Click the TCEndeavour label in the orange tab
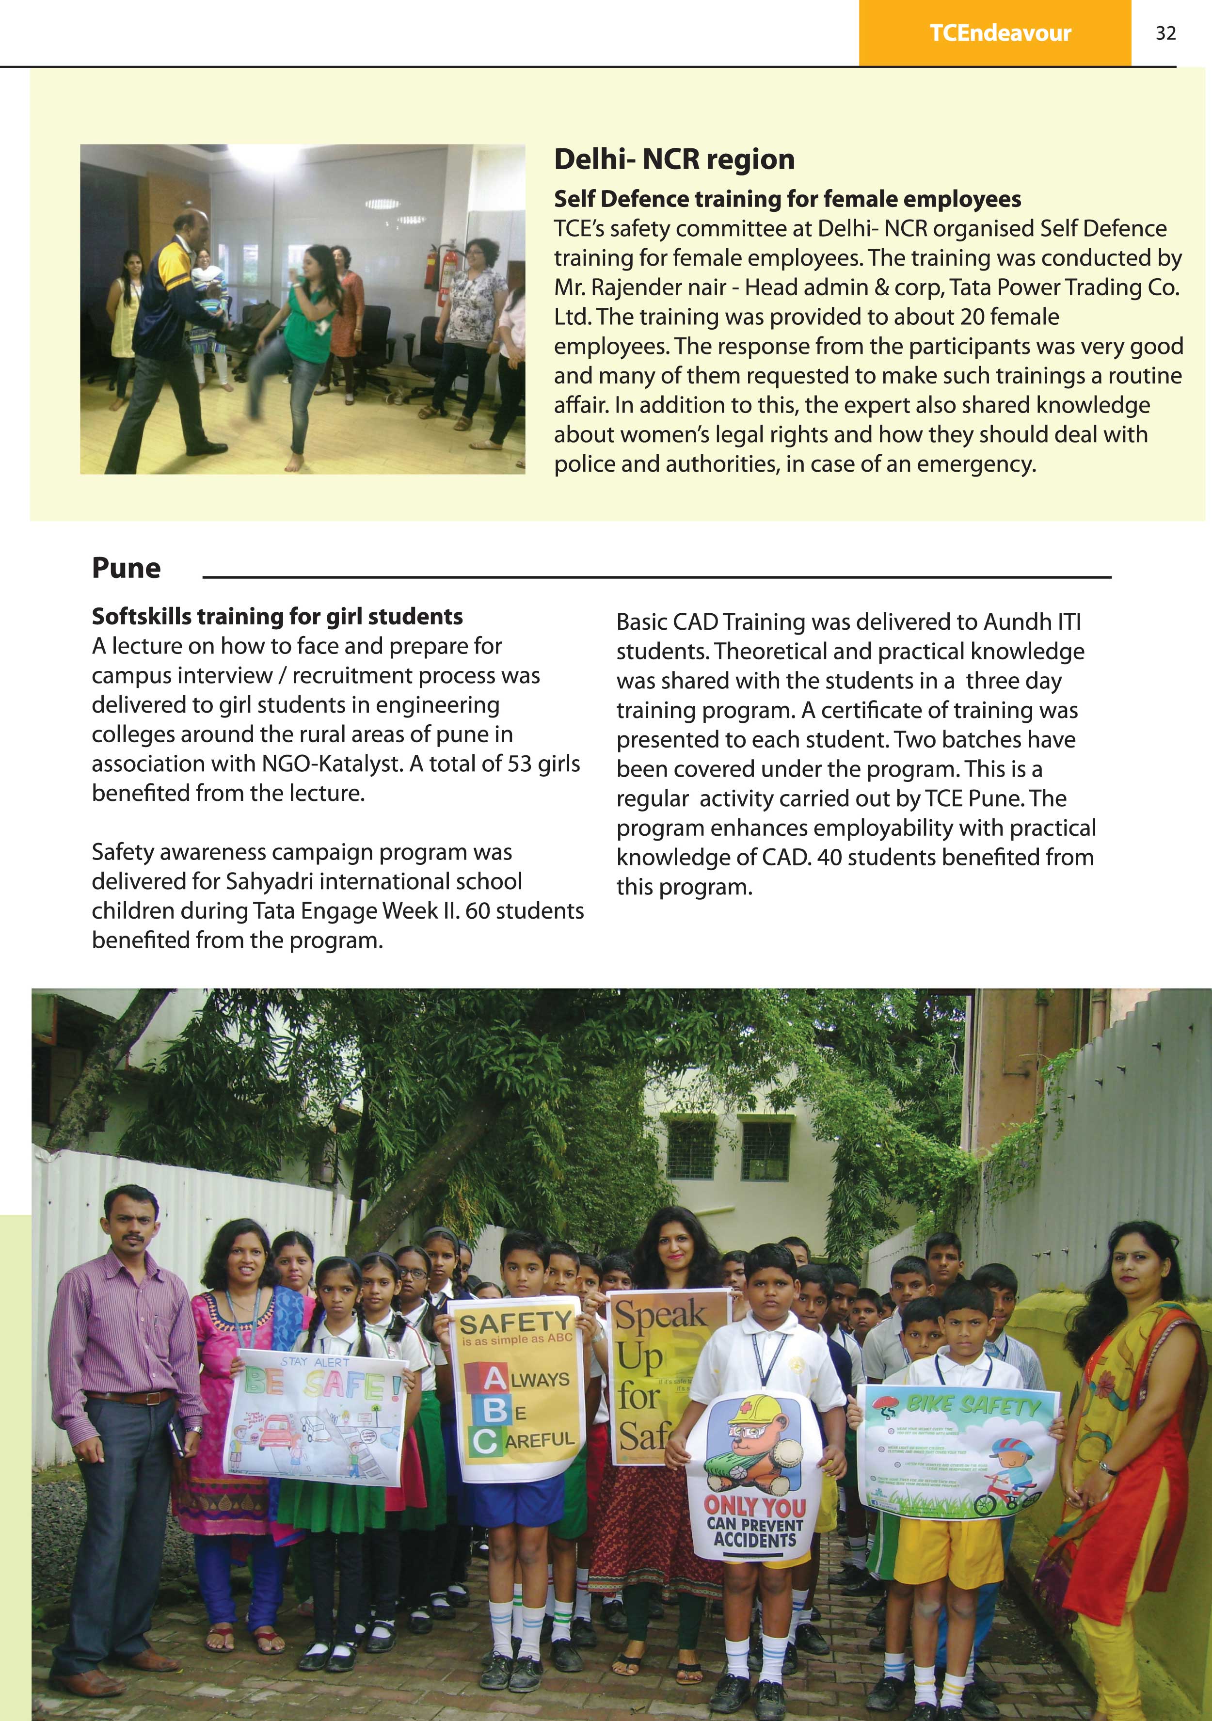(x=1000, y=33)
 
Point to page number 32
(x=1165, y=33)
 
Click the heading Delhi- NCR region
(x=674, y=159)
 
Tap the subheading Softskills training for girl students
(x=277, y=616)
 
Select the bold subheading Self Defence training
(x=787, y=199)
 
